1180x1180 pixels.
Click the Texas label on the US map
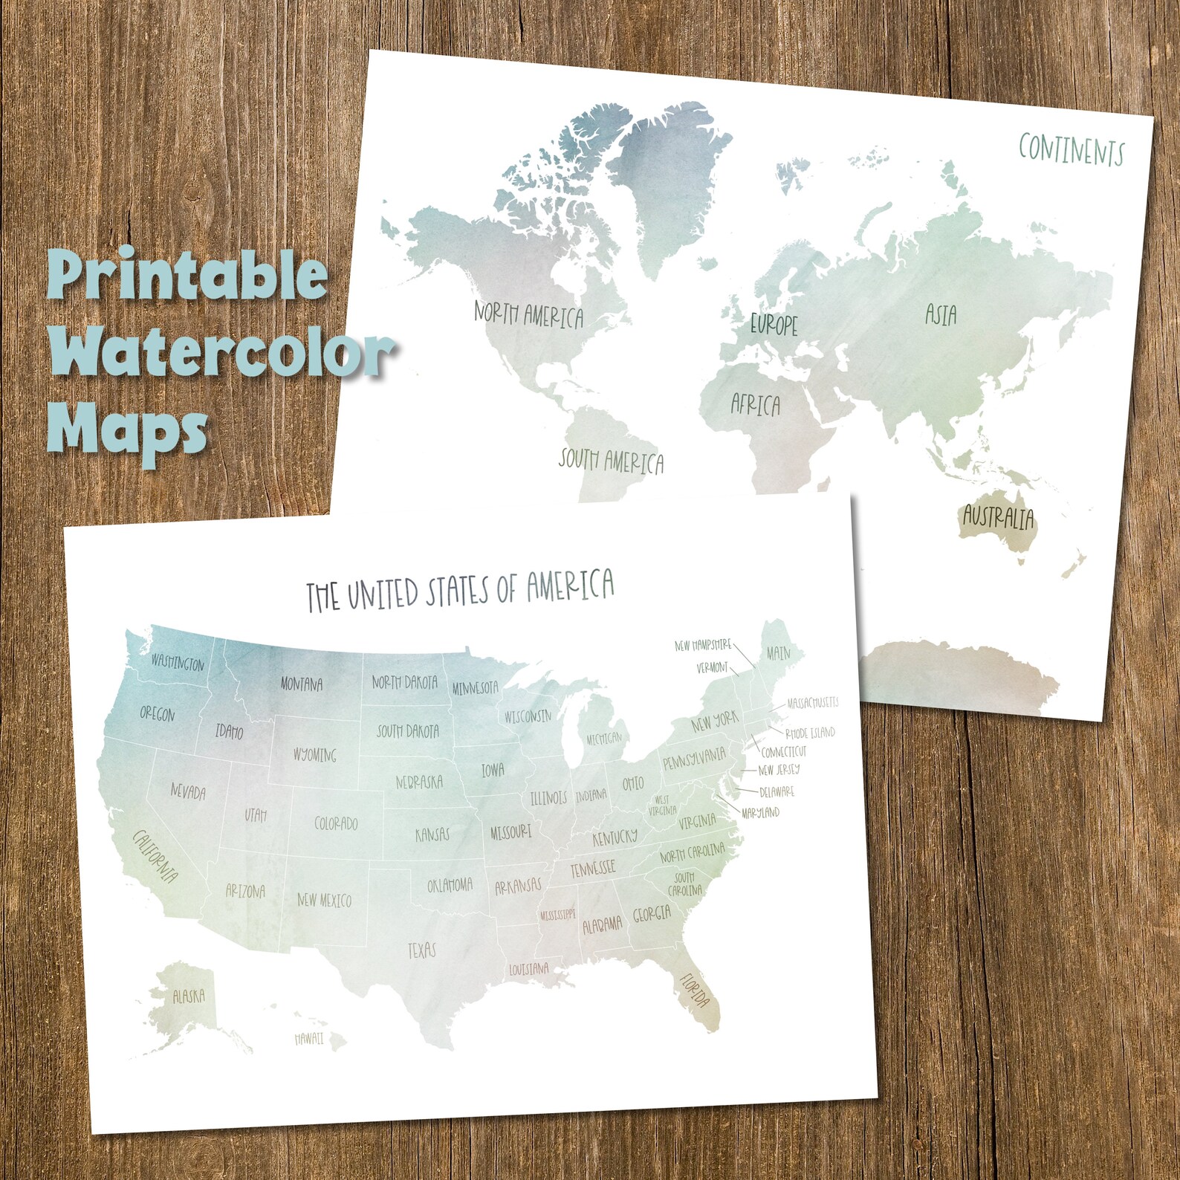(421, 950)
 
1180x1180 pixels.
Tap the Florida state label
(696, 991)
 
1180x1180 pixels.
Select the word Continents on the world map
(1071, 149)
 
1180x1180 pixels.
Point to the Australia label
(998, 516)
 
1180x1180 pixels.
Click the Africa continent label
(755, 404)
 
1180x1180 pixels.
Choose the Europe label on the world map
(774, 324)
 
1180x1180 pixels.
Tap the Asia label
(941, 315)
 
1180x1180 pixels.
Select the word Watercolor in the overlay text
(221, 352)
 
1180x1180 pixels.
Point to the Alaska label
(188, 996)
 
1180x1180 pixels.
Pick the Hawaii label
(308, 1038)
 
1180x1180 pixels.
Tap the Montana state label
(301, 684)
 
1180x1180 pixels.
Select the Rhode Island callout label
(810, 733)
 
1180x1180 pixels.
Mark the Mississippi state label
(557, 915)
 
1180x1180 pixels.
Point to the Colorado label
(336, 823)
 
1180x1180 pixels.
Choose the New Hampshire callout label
(702, 645)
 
